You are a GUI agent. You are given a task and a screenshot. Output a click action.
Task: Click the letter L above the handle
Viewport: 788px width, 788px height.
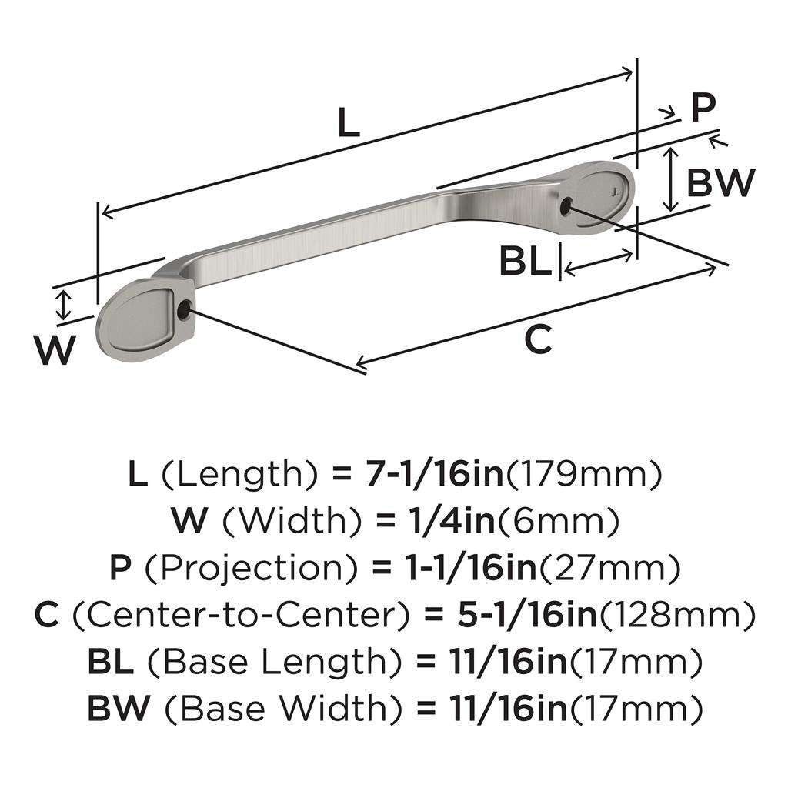[x=349, y=123]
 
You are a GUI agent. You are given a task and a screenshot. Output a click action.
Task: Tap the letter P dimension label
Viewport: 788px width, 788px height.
[x=702, y=108]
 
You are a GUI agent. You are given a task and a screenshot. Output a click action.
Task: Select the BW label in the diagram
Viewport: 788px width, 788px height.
[x=720, y=182]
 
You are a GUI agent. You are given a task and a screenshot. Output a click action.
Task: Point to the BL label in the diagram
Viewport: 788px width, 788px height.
[x=526, y=262]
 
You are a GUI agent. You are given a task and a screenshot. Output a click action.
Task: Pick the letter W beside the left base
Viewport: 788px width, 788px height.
[x=55, y=351]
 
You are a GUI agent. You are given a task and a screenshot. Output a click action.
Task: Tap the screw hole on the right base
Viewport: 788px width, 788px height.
[x=567, y=205]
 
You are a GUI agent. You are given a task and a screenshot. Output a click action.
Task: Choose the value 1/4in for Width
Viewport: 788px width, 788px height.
[x=436, y=523]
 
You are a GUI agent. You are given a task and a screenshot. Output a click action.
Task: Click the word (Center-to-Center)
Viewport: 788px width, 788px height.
[x=241, y=615]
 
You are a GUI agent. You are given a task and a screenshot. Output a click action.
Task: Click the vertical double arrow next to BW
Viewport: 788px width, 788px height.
[x=671, y=179]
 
